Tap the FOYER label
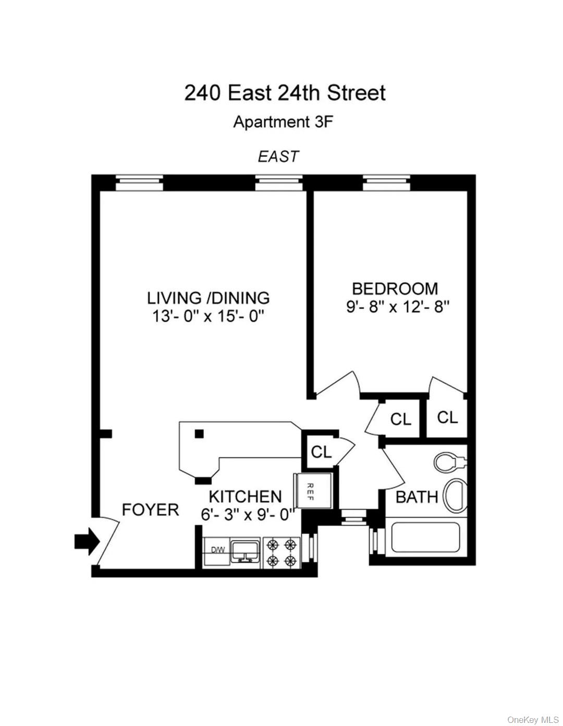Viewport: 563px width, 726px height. click(150, 510)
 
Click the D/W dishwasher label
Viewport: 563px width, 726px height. click(217, 550)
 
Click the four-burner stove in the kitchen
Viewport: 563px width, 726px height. click(281, 553)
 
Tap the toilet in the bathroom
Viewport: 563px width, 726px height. click(449, 462)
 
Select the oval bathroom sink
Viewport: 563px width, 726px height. click(455, 496)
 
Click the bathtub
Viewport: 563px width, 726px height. click(425, 538)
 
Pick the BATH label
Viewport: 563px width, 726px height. click(417, 497)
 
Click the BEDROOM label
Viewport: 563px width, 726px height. click(395, 288)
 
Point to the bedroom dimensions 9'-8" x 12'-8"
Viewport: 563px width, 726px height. click(397, 307)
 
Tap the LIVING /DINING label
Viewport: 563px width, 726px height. click(208, 298)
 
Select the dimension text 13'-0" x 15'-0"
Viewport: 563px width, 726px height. click(208, 316)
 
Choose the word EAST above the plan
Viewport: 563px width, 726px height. click(278, 156)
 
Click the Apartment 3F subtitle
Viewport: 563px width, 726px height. click(283, 122)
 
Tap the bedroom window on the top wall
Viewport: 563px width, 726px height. click(386, 183)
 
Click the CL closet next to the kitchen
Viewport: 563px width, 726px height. click(321, 452)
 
